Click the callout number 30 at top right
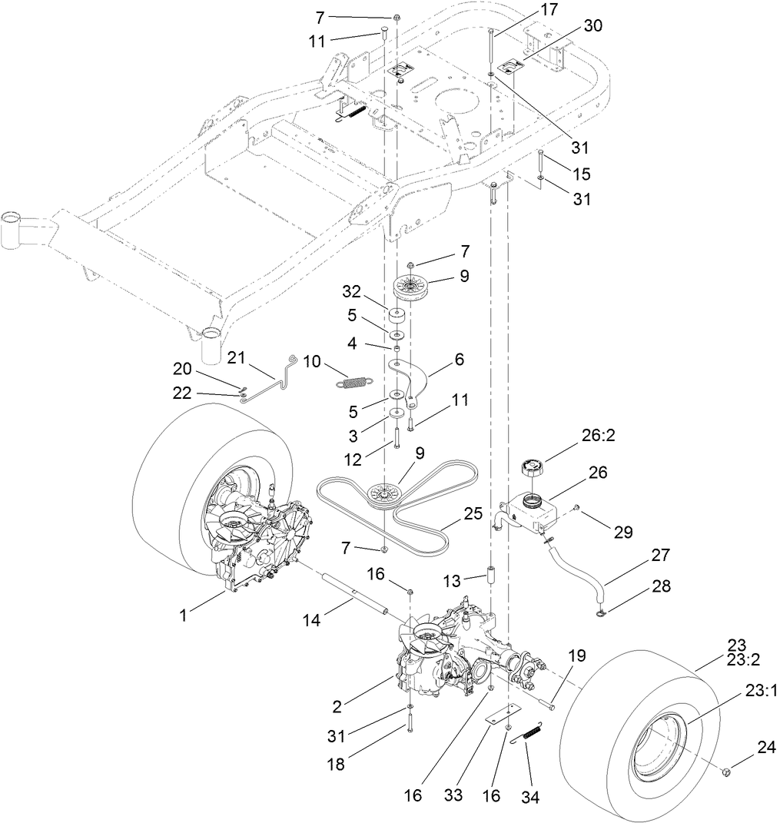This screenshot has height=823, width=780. coord(592,25)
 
